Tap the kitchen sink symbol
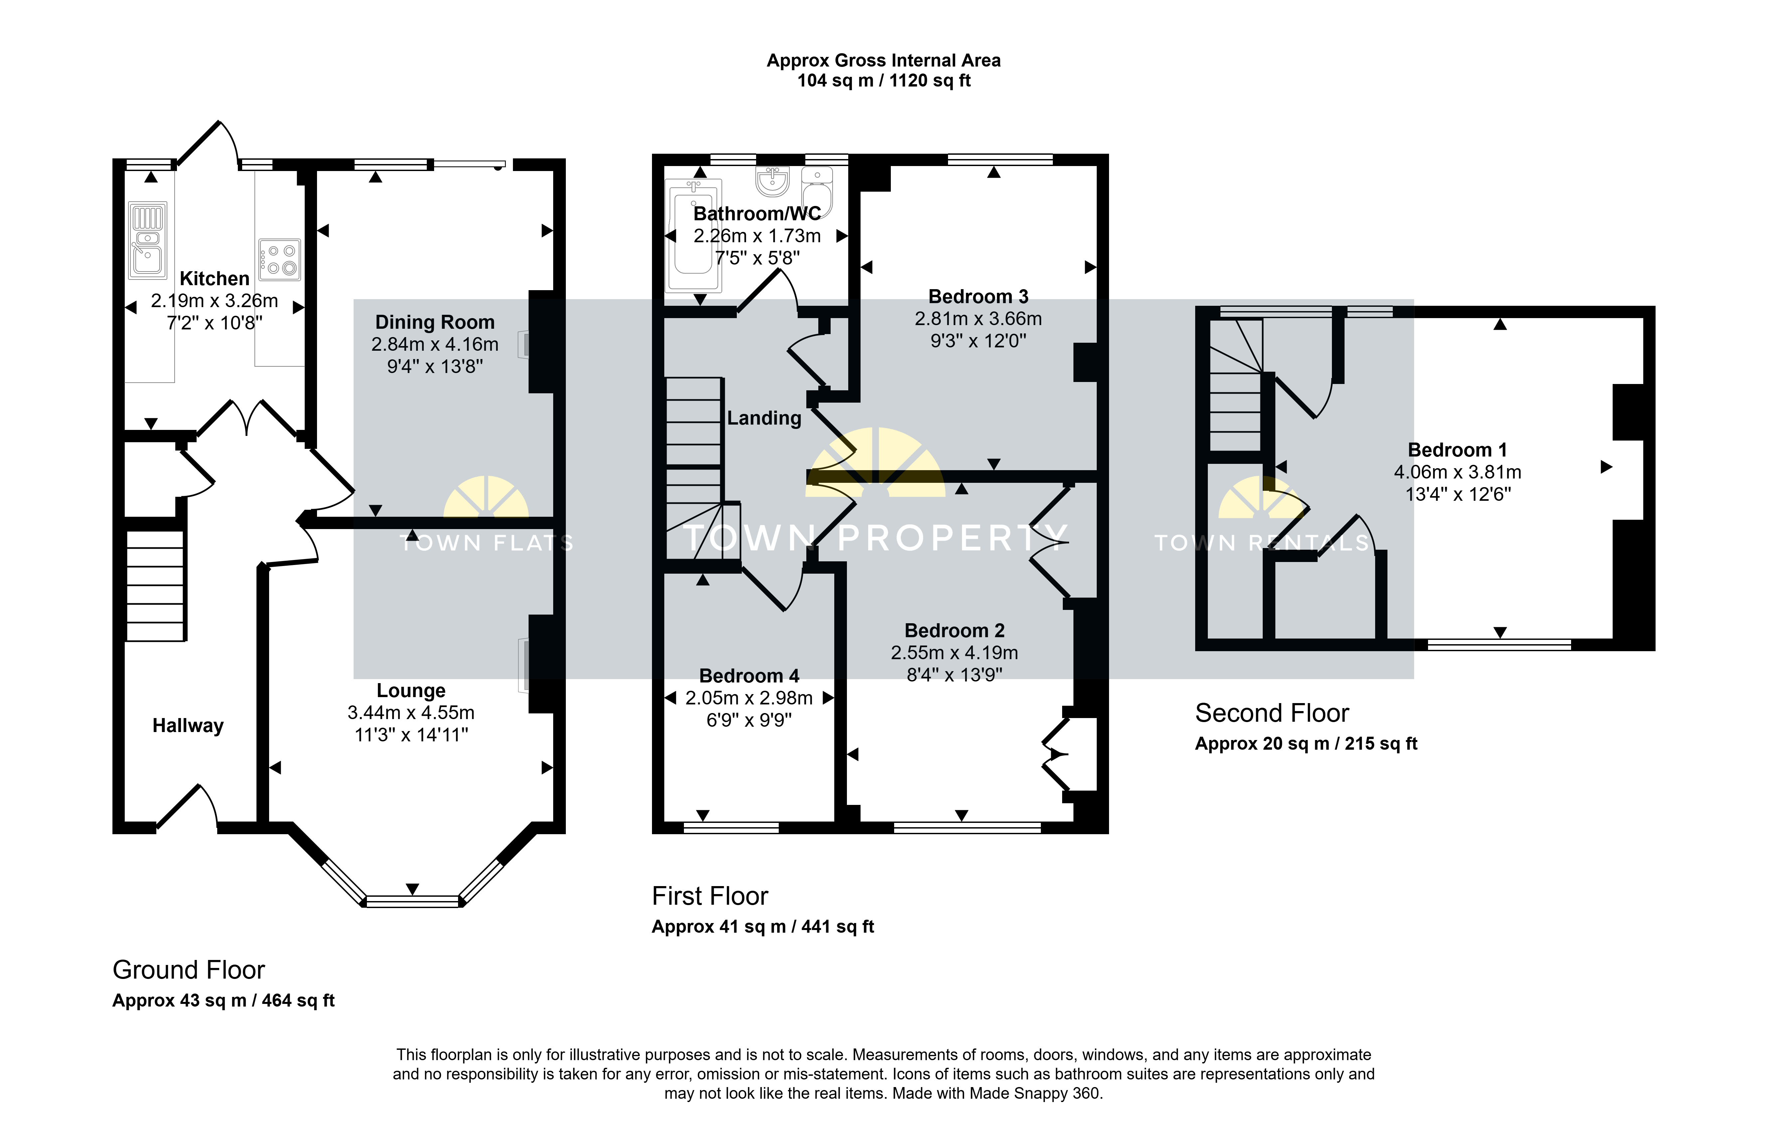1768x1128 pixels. pyautogui.click(x=148, y=240)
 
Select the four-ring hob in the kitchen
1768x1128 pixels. pyautogui.click(x=280, y=259)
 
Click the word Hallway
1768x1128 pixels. pyautogui.click(x=188, y=726)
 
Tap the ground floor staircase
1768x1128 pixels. pyautogui.click(x=155, y=585)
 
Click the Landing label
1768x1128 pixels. pyautogui.click(x=764, y=418)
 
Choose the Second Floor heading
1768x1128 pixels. pyautogui.click(x=1272, y=713)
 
